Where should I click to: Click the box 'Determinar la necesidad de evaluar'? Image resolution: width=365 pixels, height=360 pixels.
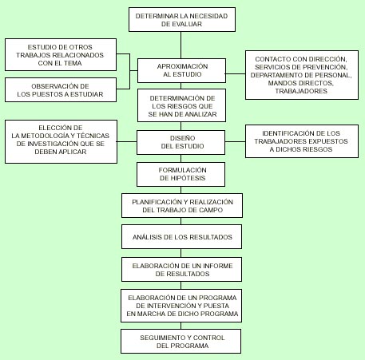tap(182, 20)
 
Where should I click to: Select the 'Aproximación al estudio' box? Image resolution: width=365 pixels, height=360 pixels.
tap(181, 70)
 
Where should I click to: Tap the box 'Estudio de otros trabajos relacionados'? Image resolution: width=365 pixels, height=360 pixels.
tap(61, 54)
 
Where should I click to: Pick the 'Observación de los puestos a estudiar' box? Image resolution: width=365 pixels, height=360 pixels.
tap(61, 90)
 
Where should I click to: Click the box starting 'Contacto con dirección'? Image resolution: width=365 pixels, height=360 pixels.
tap(302, 75)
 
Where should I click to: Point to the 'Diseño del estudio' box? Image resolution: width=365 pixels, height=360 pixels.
tap(181, 142)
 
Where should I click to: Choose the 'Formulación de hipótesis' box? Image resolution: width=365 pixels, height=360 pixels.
tap(181, 174)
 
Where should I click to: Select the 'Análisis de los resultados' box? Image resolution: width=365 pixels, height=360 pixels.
tap(181, 237)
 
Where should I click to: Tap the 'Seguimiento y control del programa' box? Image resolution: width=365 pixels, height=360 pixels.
tap(181, 342)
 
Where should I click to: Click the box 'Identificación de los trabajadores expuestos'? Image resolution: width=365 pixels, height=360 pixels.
tap(302, 141)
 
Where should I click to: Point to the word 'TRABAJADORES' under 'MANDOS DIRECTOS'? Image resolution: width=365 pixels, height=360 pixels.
tap(301, 91)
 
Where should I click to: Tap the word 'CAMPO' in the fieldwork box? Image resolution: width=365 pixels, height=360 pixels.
tap(211, 210)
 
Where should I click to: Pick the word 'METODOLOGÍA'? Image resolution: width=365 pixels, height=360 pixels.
tap(45, 136)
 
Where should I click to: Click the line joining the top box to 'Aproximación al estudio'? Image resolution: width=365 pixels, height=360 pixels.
tap(181, 45)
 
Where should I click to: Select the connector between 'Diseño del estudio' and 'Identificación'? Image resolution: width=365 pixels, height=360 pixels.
tap(235, 141)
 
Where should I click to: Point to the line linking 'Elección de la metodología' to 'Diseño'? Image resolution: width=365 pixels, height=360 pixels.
tap(127, 141)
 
